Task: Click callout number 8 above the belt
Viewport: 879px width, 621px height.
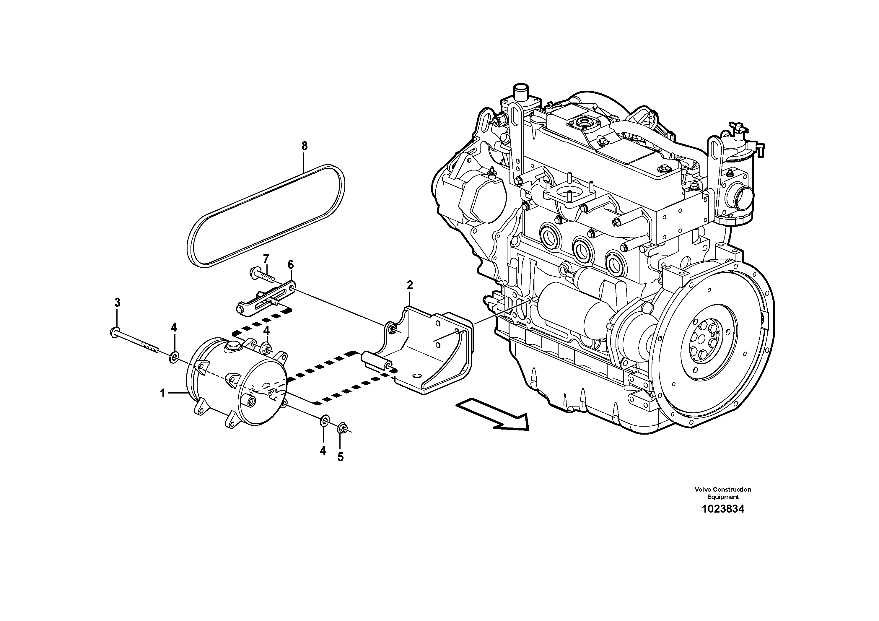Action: click(304, 146)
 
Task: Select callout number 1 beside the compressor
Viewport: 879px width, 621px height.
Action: click(163, 393)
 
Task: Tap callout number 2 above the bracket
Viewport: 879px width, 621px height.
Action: click(410, 285)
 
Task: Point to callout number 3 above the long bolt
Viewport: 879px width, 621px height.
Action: click(117, 303)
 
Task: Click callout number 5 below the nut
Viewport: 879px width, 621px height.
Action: click(340, 457)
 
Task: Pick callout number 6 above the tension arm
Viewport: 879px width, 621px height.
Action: click(291, 264)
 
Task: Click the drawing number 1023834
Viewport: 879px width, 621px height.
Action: click(723, 509)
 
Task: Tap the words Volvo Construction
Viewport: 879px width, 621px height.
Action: click(723, 489)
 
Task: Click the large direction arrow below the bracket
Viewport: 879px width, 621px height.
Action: click(494, 414)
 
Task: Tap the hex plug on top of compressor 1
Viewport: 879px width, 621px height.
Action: click(232, 346)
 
